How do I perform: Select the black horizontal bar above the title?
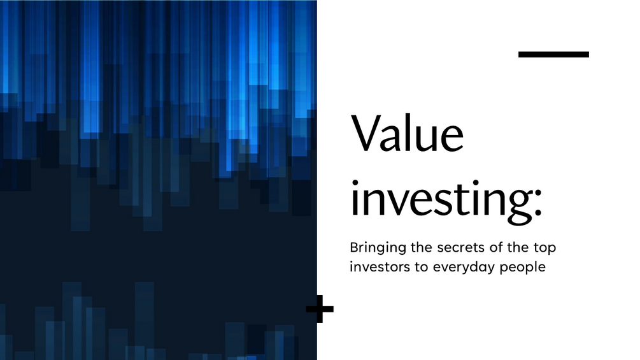pyautogui.click(x=553, y=55)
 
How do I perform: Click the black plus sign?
pyautogui.click(x=320, y=310)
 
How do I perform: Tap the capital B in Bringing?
pyautogui.click(x=353, y=247)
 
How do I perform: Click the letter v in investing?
pyautogui.click(x=401, y=200)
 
